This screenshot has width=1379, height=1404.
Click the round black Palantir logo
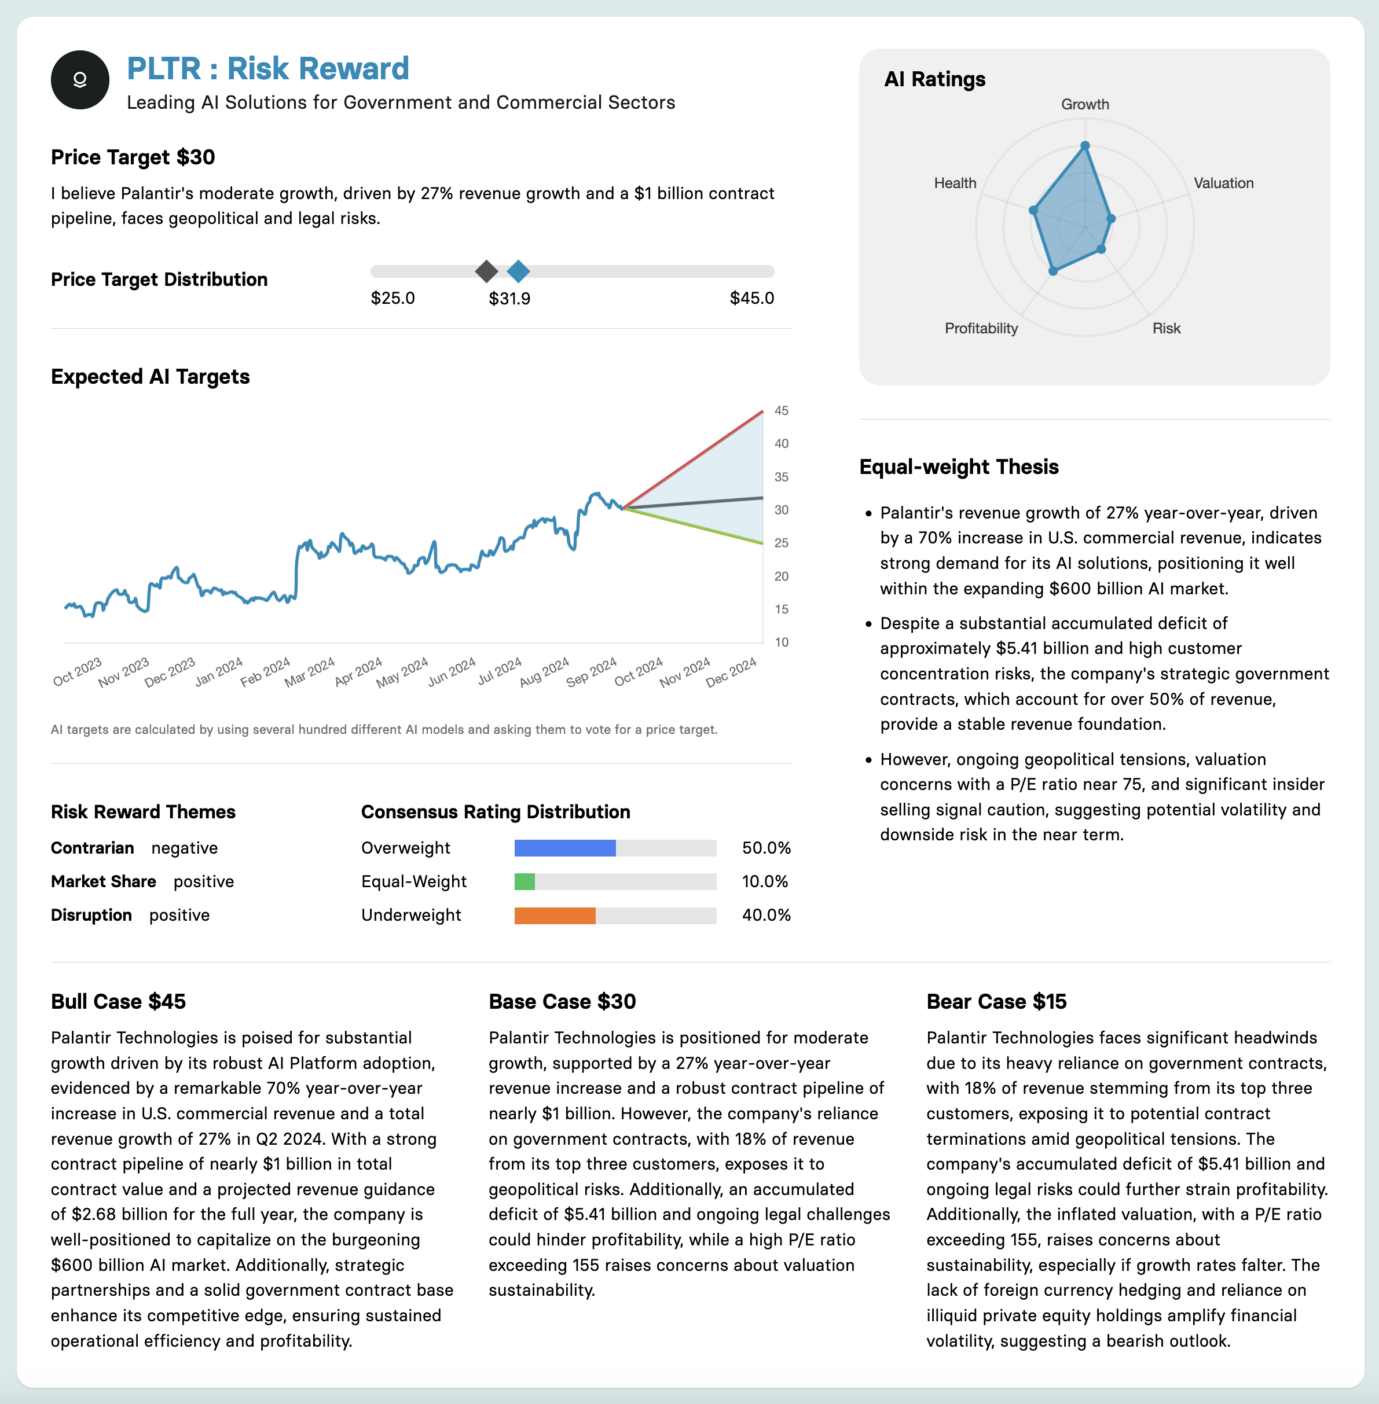tap(80, 80)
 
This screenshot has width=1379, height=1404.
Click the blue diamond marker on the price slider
tap(518, 271)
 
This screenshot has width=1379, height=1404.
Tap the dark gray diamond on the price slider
tap(486, 271)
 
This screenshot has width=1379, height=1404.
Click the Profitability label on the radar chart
tap(981, 329)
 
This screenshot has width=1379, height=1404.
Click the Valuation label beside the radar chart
tap(1223, 183)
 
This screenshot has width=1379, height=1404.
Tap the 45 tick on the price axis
tap(781, 410)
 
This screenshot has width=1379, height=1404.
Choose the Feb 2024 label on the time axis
tap(265, 672)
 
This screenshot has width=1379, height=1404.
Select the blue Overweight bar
tap(565, 848)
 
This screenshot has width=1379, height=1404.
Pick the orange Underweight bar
tap(555, 915)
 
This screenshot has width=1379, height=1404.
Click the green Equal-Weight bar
tap(525, 882)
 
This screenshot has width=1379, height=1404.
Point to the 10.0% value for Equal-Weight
tap(765, 882)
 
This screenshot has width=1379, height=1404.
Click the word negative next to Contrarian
tap(184, 848)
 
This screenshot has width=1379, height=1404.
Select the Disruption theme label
tap(91, 915)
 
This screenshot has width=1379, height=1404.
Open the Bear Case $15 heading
tap(996, 1001)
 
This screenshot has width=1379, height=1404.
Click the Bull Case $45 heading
tap(118, 1001)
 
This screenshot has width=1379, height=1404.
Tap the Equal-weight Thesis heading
tap(958, 467)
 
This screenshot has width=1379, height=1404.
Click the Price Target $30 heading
tap(133, 157)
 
